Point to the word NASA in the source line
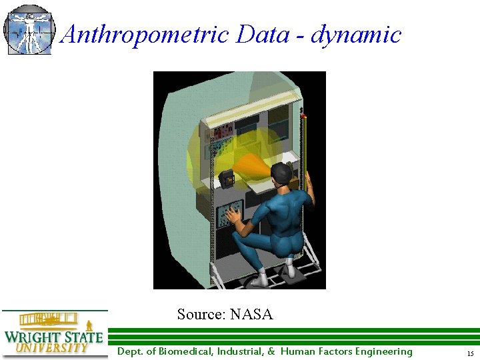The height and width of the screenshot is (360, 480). click(251, 314)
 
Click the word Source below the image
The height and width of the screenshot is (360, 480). click(201, 314)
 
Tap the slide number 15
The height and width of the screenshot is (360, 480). click(470, 353)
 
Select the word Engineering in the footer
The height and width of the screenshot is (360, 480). click(383, 351)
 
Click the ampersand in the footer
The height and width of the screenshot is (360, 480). click(271, 351)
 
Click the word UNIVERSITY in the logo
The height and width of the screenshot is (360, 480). click(52, 347)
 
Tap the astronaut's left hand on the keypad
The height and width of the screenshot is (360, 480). click(234, 215)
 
